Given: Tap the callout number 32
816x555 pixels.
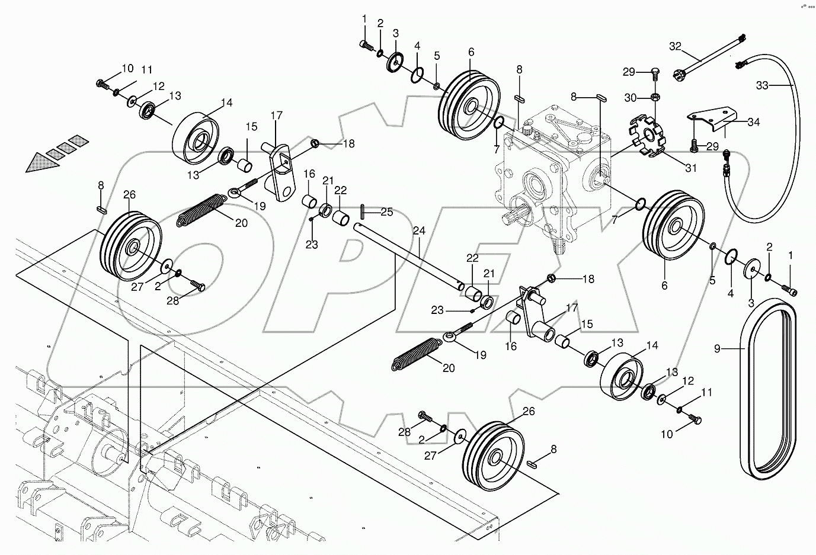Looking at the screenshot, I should [676, 46].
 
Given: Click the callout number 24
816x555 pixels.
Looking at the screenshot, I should [420, 231].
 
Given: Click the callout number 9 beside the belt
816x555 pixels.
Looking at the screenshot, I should [717, 349].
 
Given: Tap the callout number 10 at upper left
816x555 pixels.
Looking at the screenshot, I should [127, 69].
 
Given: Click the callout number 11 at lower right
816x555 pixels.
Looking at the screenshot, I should [706, 392].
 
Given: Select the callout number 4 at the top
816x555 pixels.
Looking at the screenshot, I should [417, 45].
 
